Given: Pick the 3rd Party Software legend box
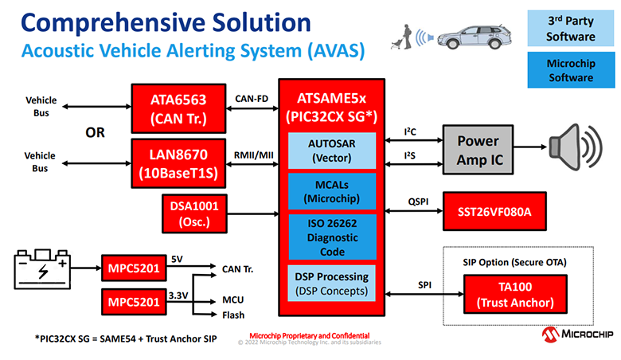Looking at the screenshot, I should pos(571,28).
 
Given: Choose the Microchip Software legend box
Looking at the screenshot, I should pos(571,70).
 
